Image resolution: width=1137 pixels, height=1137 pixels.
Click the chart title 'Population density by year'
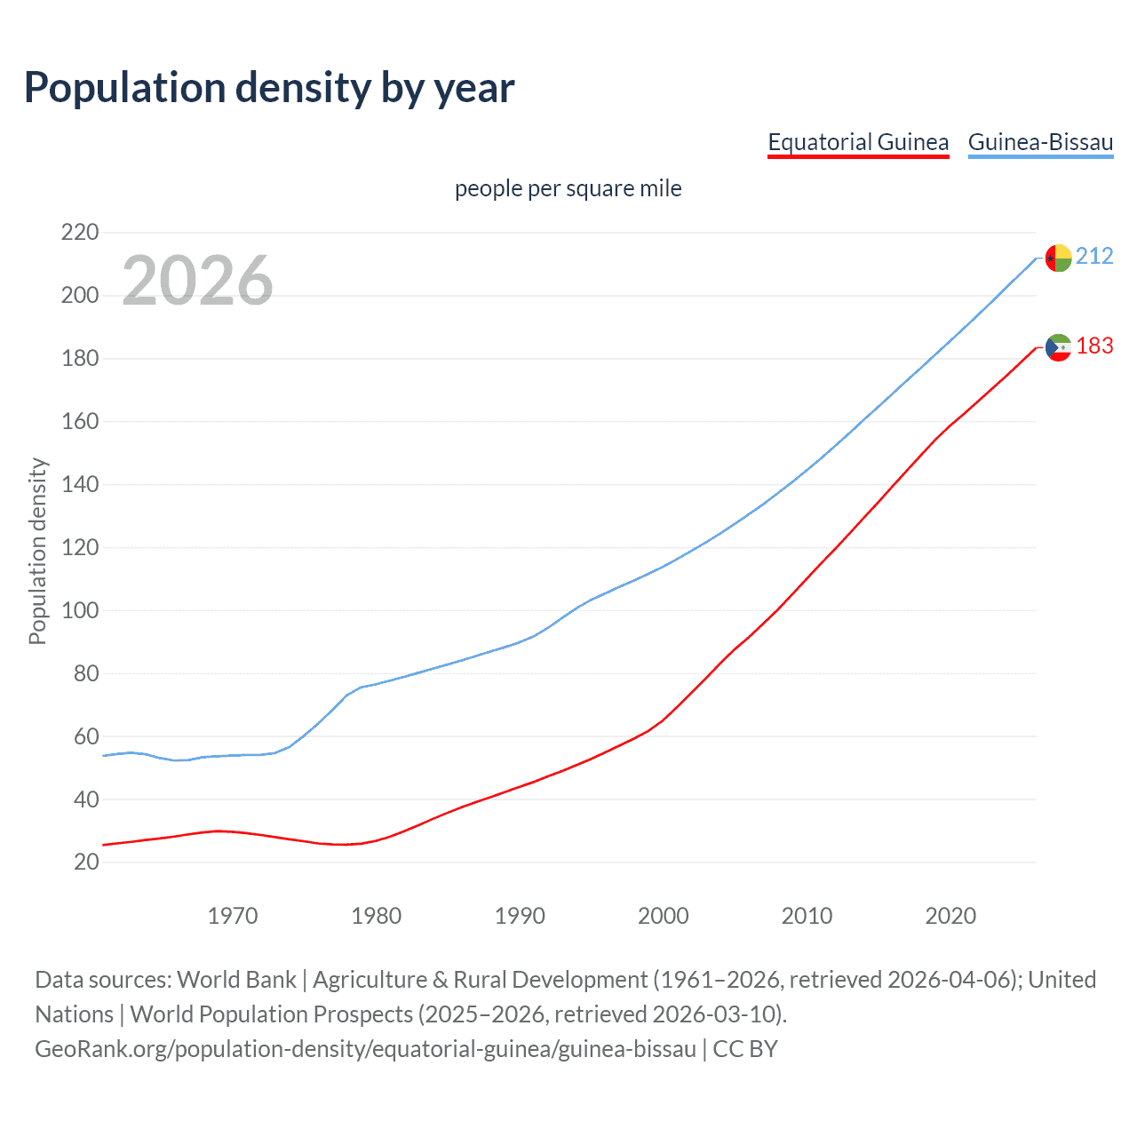tap(269, 88)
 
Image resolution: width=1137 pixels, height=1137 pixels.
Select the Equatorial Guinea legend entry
tap(858, 142)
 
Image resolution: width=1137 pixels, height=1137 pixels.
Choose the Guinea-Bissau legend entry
tap(1040, 142)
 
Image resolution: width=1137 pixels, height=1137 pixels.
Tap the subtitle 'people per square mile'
tap(568, 189)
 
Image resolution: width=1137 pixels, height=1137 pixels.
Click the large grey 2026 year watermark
tap(197, 281)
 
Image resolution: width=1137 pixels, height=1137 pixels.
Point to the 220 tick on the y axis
tap(80, 233)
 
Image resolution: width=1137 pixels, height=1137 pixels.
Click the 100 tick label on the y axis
tap(80, 611)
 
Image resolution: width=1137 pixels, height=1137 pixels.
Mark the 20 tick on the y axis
tap(86, 863)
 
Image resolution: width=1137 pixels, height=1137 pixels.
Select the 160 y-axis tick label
tap(80, 422)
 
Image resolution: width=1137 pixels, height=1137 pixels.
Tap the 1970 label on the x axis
tap(233, 916)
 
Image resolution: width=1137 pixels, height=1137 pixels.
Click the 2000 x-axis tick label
tap(664, 916)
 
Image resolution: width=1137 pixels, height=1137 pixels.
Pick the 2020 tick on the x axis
tap(950, 916)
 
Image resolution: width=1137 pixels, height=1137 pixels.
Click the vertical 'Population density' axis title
tap(37, 551)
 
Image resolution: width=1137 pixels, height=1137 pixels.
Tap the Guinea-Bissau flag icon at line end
tap(1058, 258)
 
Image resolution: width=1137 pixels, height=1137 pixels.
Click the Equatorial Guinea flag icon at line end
tap(1058, 347)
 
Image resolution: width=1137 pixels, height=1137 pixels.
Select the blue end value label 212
tap(1094, 257)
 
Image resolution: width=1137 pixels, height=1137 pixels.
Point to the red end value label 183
tap(1094, 346)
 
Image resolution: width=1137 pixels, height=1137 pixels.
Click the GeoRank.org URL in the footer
tap(365, 1049)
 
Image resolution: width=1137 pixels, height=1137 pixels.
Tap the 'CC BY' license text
tap(745, 1049)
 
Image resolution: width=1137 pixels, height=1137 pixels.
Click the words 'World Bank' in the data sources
tap(236, 980)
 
